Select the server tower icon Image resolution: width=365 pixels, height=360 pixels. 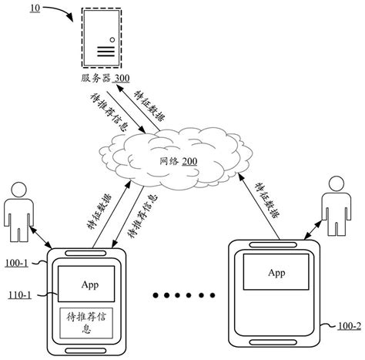(x=102, y=39)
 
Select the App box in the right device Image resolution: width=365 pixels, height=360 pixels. (x=276, y=273)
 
